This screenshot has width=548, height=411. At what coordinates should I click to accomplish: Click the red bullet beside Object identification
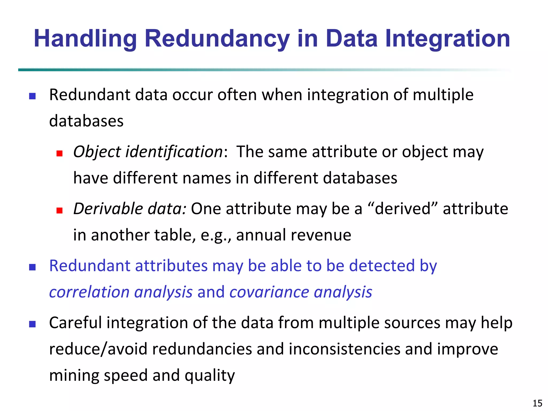pos(59,153)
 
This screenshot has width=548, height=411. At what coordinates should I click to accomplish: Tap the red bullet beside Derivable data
pos(59,210)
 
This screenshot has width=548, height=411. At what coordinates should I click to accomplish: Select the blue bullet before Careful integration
pos(32,324)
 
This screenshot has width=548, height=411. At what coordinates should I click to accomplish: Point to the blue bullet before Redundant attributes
pos(32,267)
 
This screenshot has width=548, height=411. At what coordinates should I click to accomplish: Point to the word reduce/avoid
pos(98,349)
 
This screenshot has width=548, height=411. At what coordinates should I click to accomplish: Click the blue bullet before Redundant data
pos(32,96)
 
